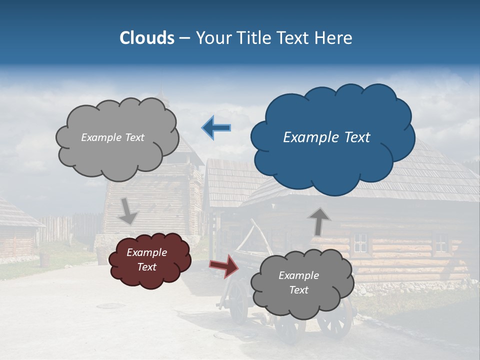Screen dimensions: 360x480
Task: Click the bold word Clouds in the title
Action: (147, 38)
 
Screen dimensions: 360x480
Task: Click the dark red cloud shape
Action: (150, 260)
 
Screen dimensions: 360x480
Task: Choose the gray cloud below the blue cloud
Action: (299, 283)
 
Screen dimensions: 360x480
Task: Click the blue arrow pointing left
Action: (216, 127)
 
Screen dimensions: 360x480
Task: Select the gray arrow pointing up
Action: (319, 221)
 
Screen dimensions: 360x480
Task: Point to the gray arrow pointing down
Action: (127, 211)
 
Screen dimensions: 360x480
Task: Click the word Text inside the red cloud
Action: (147, 267)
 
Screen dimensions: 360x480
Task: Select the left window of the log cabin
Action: (360, 242)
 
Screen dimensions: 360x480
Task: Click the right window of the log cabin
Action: (440, 242)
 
